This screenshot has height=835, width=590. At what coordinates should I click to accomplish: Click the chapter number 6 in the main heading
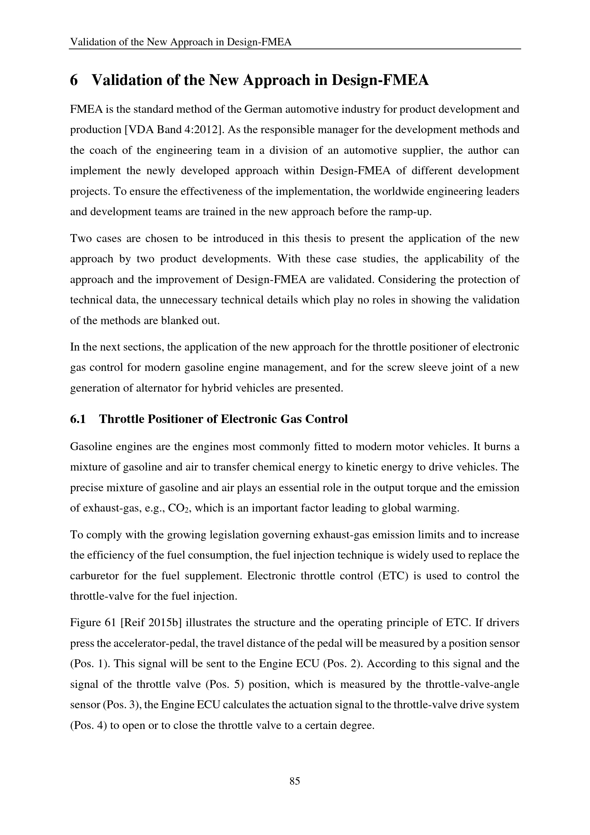(x=74, y=80)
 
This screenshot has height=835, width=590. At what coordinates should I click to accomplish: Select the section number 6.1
(x=78, y=419)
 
